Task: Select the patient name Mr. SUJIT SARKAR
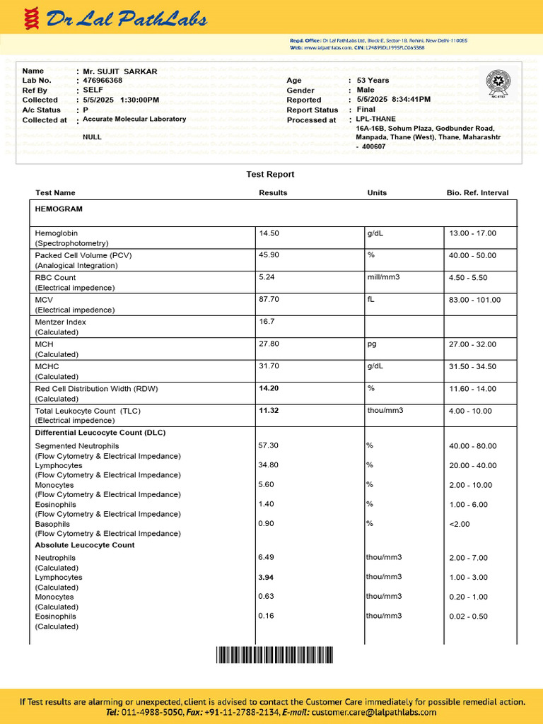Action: tap(120, 71)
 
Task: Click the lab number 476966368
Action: tap(103, 81)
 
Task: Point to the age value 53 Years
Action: tap(373, 81)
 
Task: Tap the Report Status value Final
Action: tap(366, 110)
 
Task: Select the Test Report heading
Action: tap(270, 175)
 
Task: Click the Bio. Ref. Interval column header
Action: tap(477, 193)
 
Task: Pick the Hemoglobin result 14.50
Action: tap(269, 233)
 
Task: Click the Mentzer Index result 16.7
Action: tap(267, 322)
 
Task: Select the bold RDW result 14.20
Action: tap(269, 388)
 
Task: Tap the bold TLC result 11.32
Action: tap(269, 411)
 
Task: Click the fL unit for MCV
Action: tap(370, 300)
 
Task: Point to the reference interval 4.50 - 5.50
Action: tap(467, 278)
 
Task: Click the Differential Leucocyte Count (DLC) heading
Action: tap(100, 433)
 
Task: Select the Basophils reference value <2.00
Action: tap(460, 524)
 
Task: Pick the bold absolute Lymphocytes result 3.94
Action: tap(267, 578)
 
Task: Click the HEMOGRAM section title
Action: tap(59, 209)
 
